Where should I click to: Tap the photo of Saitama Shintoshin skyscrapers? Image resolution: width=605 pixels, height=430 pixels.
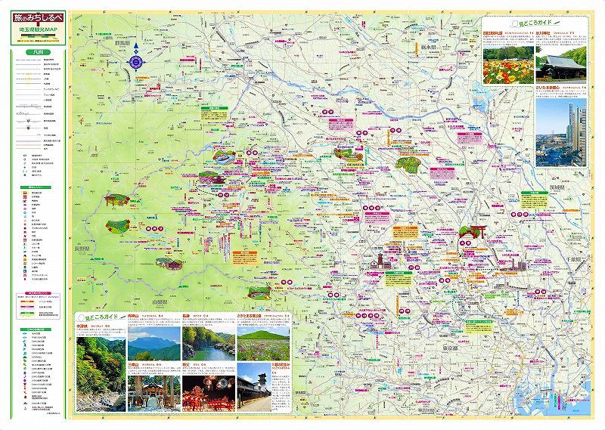[561, 132]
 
